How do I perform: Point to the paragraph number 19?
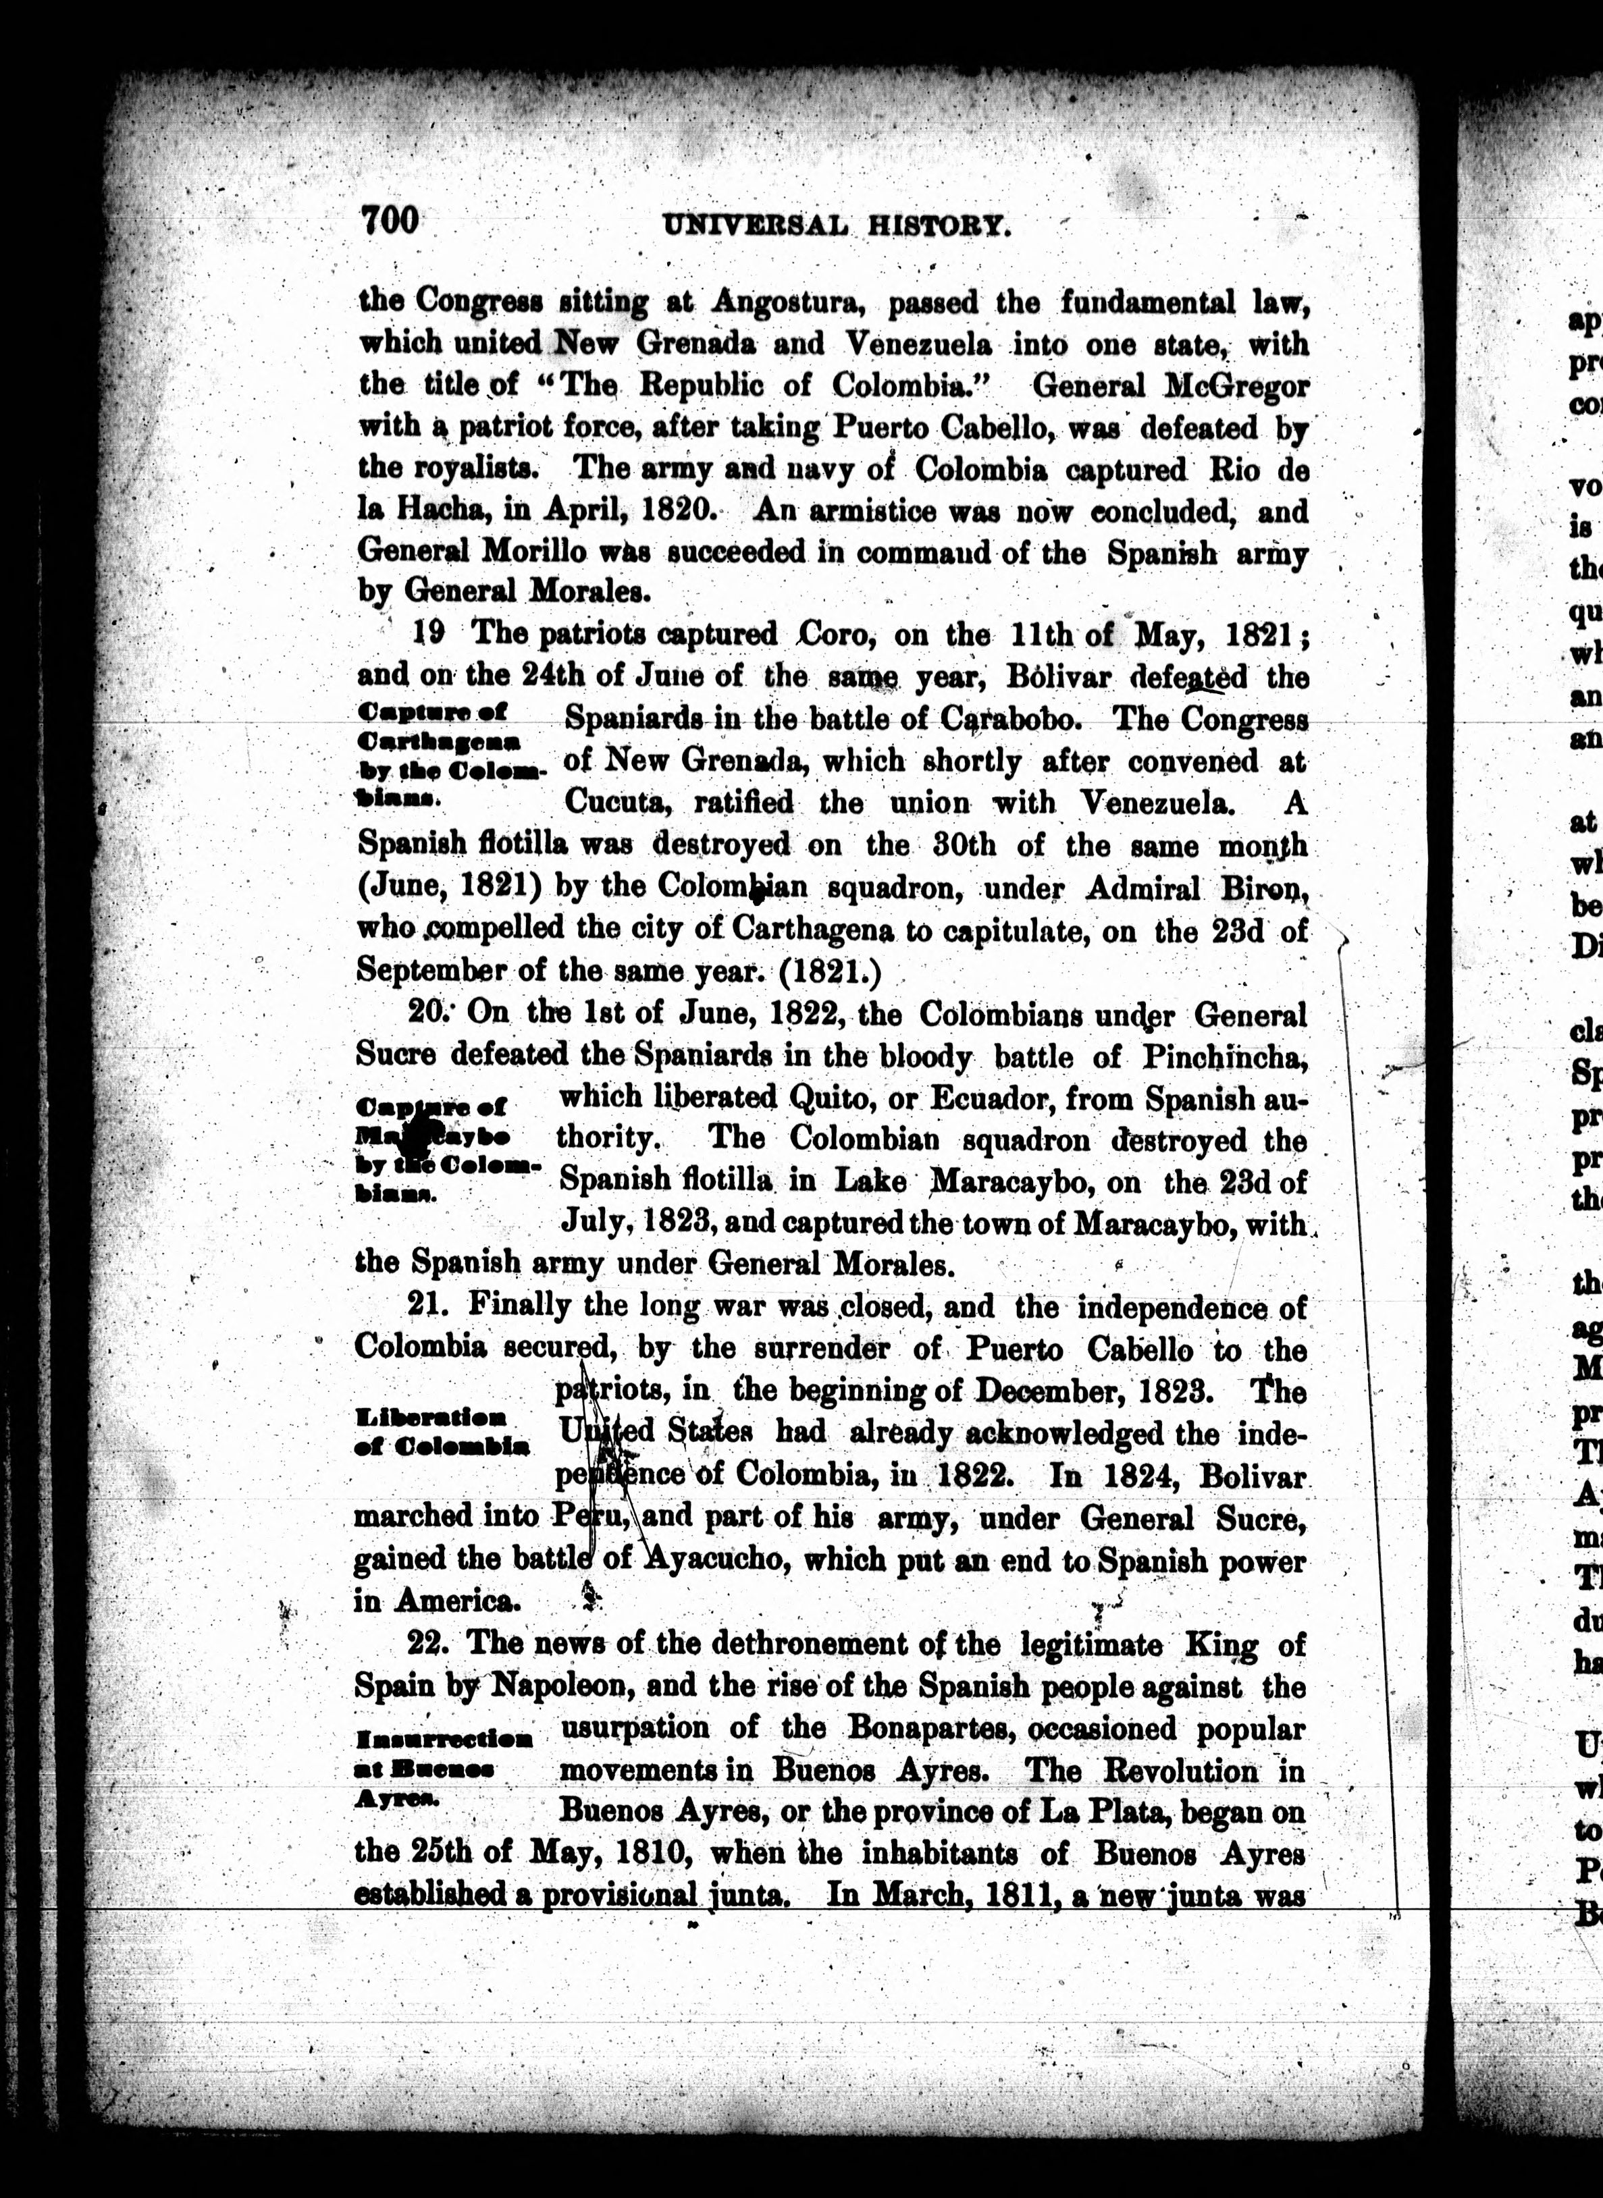(x=429, y=633)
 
